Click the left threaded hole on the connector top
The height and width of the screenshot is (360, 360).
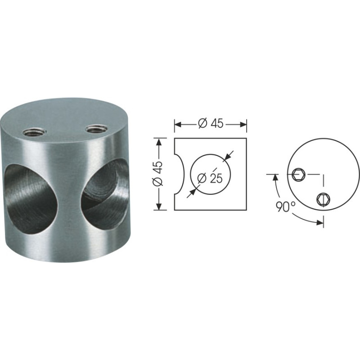(35, 132)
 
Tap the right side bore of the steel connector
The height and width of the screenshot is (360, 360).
(105, 193)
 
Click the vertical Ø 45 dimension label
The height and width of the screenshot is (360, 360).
(158, 174)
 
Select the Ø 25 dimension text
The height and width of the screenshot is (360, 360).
(210, 178)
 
